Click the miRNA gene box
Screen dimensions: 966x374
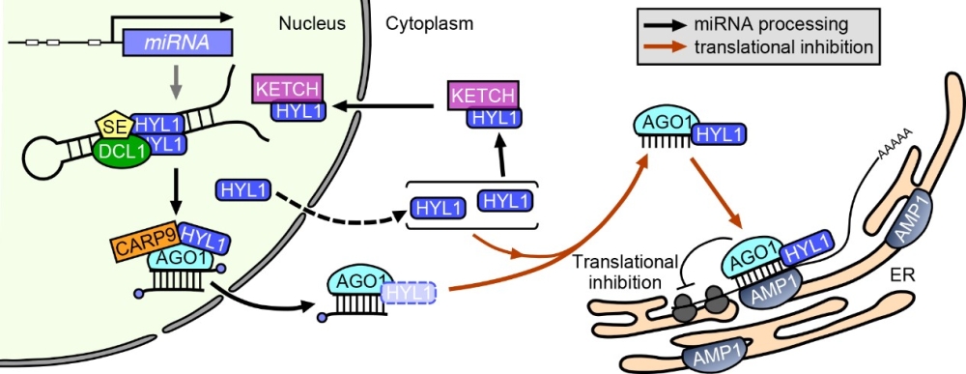[178, 43]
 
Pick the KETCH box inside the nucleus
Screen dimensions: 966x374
[288, 90]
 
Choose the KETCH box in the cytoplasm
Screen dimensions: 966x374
[483, 96]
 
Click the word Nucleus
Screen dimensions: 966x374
[311, 24]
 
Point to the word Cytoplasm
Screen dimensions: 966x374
[430, 24]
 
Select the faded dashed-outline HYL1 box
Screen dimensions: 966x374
[409, 293]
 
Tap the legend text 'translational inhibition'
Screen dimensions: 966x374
[783, 46]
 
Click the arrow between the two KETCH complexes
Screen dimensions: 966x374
[381, 106]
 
